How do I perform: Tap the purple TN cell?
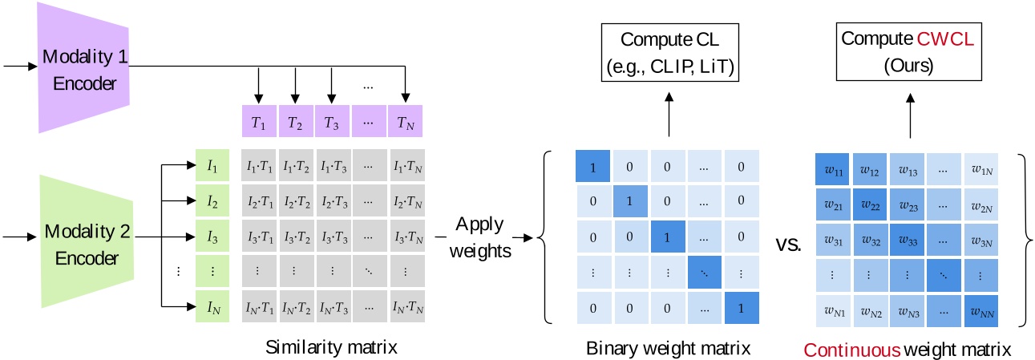tap(406, 123)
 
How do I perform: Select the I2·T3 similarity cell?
tap(332, 202)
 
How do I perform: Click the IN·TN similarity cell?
tap(406, 307)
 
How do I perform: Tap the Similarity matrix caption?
tap(331, 348)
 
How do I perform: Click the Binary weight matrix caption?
tap(668, 348)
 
